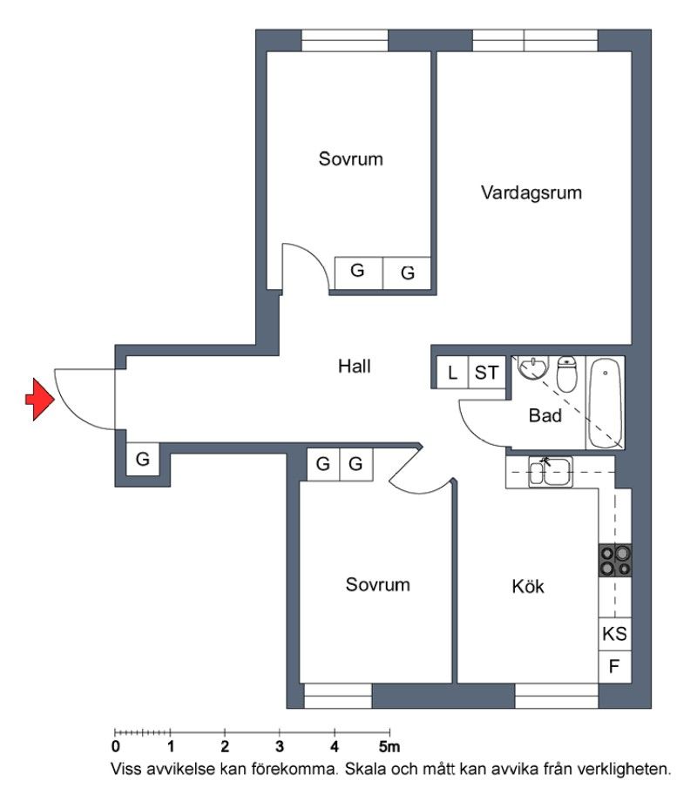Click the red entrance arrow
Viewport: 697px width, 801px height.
pos(40,400)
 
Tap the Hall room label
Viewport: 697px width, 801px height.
pos(354,367)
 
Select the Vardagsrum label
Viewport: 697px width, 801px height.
pos(531,192)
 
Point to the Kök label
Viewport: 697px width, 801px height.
pos(528,586)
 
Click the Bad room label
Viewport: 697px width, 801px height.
pos(545,415)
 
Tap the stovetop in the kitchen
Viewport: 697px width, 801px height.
pos(615,561)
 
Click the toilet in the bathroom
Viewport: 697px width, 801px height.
pos(566,373)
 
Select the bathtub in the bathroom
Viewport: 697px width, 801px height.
pos(605,403)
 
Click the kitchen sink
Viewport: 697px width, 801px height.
pos(550,472)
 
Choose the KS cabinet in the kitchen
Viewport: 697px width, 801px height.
pos(615,634)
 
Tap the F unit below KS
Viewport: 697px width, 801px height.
pos(615,667)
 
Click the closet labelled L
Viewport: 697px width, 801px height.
pos(452,373)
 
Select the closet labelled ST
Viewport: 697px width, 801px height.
pos(487,373)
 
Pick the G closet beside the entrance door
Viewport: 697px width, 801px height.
pos(143,459)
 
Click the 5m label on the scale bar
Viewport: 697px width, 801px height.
pos(389,747)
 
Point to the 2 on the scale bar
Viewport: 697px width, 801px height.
pos(225,747)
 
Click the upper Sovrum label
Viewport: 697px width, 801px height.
pos(351,158)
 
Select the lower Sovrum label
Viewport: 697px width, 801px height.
pos(378,584)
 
